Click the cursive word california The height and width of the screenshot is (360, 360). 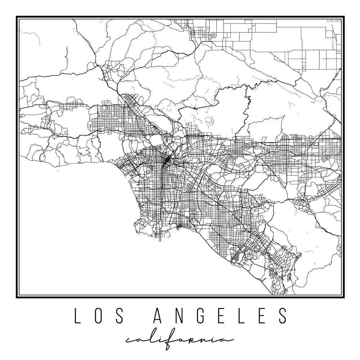(179, 340)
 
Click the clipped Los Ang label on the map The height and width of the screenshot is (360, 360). (334, 21)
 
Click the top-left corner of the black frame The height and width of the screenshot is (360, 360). (17, 17)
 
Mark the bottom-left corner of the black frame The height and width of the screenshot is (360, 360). (17, 297)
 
